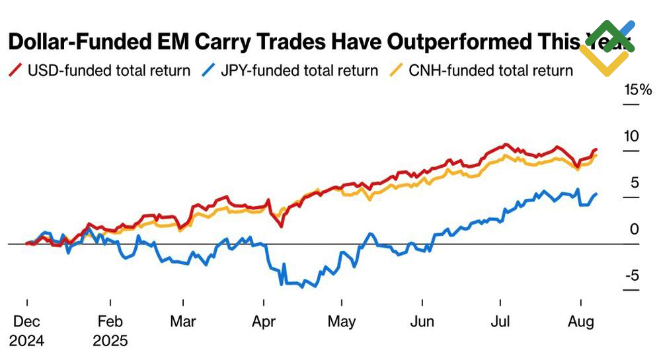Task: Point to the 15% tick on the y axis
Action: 639,90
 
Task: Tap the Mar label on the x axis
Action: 183,322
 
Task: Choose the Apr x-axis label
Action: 264,322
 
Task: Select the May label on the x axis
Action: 342,322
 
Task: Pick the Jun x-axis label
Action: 422,322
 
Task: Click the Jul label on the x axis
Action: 501,322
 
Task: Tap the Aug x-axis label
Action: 580,322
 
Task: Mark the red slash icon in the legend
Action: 15,71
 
